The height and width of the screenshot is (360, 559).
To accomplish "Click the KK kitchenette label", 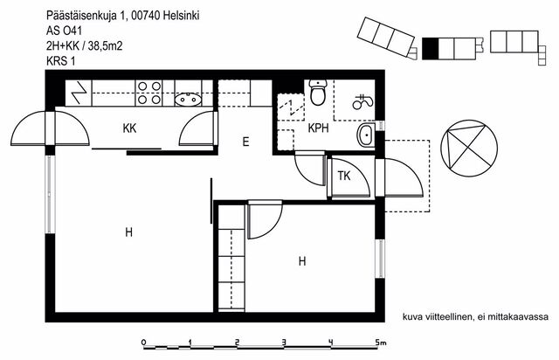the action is [129, 128].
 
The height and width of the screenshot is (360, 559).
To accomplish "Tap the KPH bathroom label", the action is [318, 128].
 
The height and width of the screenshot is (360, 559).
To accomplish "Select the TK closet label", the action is [344, 176].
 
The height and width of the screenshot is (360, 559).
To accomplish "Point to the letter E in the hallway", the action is [245, 142].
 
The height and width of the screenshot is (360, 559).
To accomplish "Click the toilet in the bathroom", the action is [318, 93].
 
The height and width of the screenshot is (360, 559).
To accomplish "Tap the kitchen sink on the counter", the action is [189, 99].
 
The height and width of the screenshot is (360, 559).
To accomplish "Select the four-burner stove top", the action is [149, 93].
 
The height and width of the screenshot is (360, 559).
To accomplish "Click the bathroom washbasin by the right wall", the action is [366, 135].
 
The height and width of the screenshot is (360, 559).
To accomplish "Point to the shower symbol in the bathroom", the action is [362, 101].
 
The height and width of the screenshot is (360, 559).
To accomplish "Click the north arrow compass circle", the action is [469, 148].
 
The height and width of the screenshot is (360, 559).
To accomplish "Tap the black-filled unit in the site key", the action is [430, 49].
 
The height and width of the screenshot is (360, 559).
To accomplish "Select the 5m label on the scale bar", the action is [381, 343].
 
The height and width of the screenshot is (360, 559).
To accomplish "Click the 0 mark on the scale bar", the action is [143, 343].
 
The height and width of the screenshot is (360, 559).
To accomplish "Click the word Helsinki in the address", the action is [182, 16].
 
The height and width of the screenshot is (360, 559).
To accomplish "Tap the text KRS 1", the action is [60, 61].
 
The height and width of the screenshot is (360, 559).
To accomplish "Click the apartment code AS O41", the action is [64, 31].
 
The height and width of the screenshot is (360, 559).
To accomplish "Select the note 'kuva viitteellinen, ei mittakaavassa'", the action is [475, 317].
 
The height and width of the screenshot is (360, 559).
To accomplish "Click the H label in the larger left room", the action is [128, 232].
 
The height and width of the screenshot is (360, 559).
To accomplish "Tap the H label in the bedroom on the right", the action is [302, 261].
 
